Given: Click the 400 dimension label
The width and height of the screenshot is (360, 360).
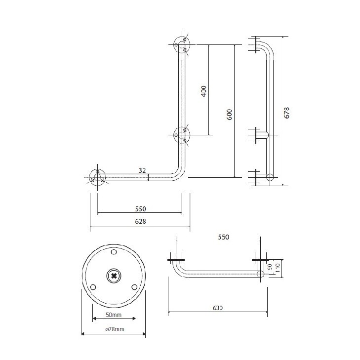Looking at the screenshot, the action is (204, 91).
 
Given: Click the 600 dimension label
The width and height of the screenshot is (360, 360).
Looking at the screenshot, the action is (230, 115).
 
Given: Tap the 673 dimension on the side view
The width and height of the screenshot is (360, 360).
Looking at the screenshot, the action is (287, 113).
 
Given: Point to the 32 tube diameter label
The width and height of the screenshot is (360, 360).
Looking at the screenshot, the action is (142, 170).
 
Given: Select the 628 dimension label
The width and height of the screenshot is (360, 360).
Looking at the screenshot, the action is (140, 221).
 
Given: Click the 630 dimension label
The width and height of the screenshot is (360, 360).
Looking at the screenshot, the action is (217, 308).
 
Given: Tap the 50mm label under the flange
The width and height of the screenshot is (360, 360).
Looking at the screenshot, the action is (114, 315).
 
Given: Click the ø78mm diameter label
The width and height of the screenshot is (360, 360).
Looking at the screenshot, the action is (115, 329).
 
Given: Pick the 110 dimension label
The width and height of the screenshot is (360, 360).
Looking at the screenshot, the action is (278, 268).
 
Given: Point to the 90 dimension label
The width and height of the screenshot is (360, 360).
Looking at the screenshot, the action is (270, 267).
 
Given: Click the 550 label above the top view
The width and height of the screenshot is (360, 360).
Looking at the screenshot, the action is (224, 237).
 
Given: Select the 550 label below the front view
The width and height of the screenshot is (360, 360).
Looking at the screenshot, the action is (141, 209).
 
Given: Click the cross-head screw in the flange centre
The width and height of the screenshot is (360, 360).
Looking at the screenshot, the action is (114, 276).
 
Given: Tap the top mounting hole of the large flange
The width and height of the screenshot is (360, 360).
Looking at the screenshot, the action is (114, 252).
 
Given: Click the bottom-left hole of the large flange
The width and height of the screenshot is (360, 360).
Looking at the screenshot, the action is (93, 287).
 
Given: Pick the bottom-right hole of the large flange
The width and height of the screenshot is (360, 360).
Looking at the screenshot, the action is (134, 287).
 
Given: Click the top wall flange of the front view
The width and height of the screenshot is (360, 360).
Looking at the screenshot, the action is (182, 44).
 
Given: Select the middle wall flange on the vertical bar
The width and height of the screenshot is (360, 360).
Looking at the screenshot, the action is (182, 135).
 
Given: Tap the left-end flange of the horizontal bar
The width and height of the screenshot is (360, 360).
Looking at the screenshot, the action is (97, 177).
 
